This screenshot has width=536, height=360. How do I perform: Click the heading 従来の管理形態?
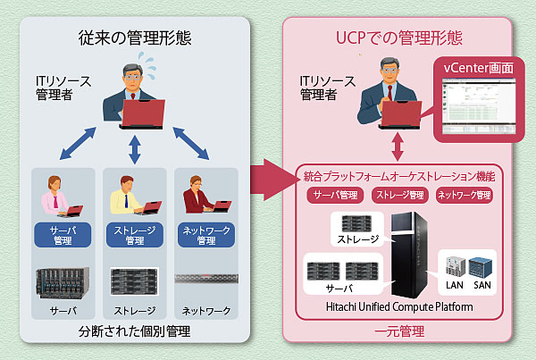pos(134,38)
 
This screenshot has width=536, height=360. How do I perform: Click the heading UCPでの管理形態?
pos(398,38)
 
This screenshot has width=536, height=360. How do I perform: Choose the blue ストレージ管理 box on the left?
pos(136,235)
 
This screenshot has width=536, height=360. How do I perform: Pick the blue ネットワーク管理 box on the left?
pos(206,235)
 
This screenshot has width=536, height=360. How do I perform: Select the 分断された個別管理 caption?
pos(134,332)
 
